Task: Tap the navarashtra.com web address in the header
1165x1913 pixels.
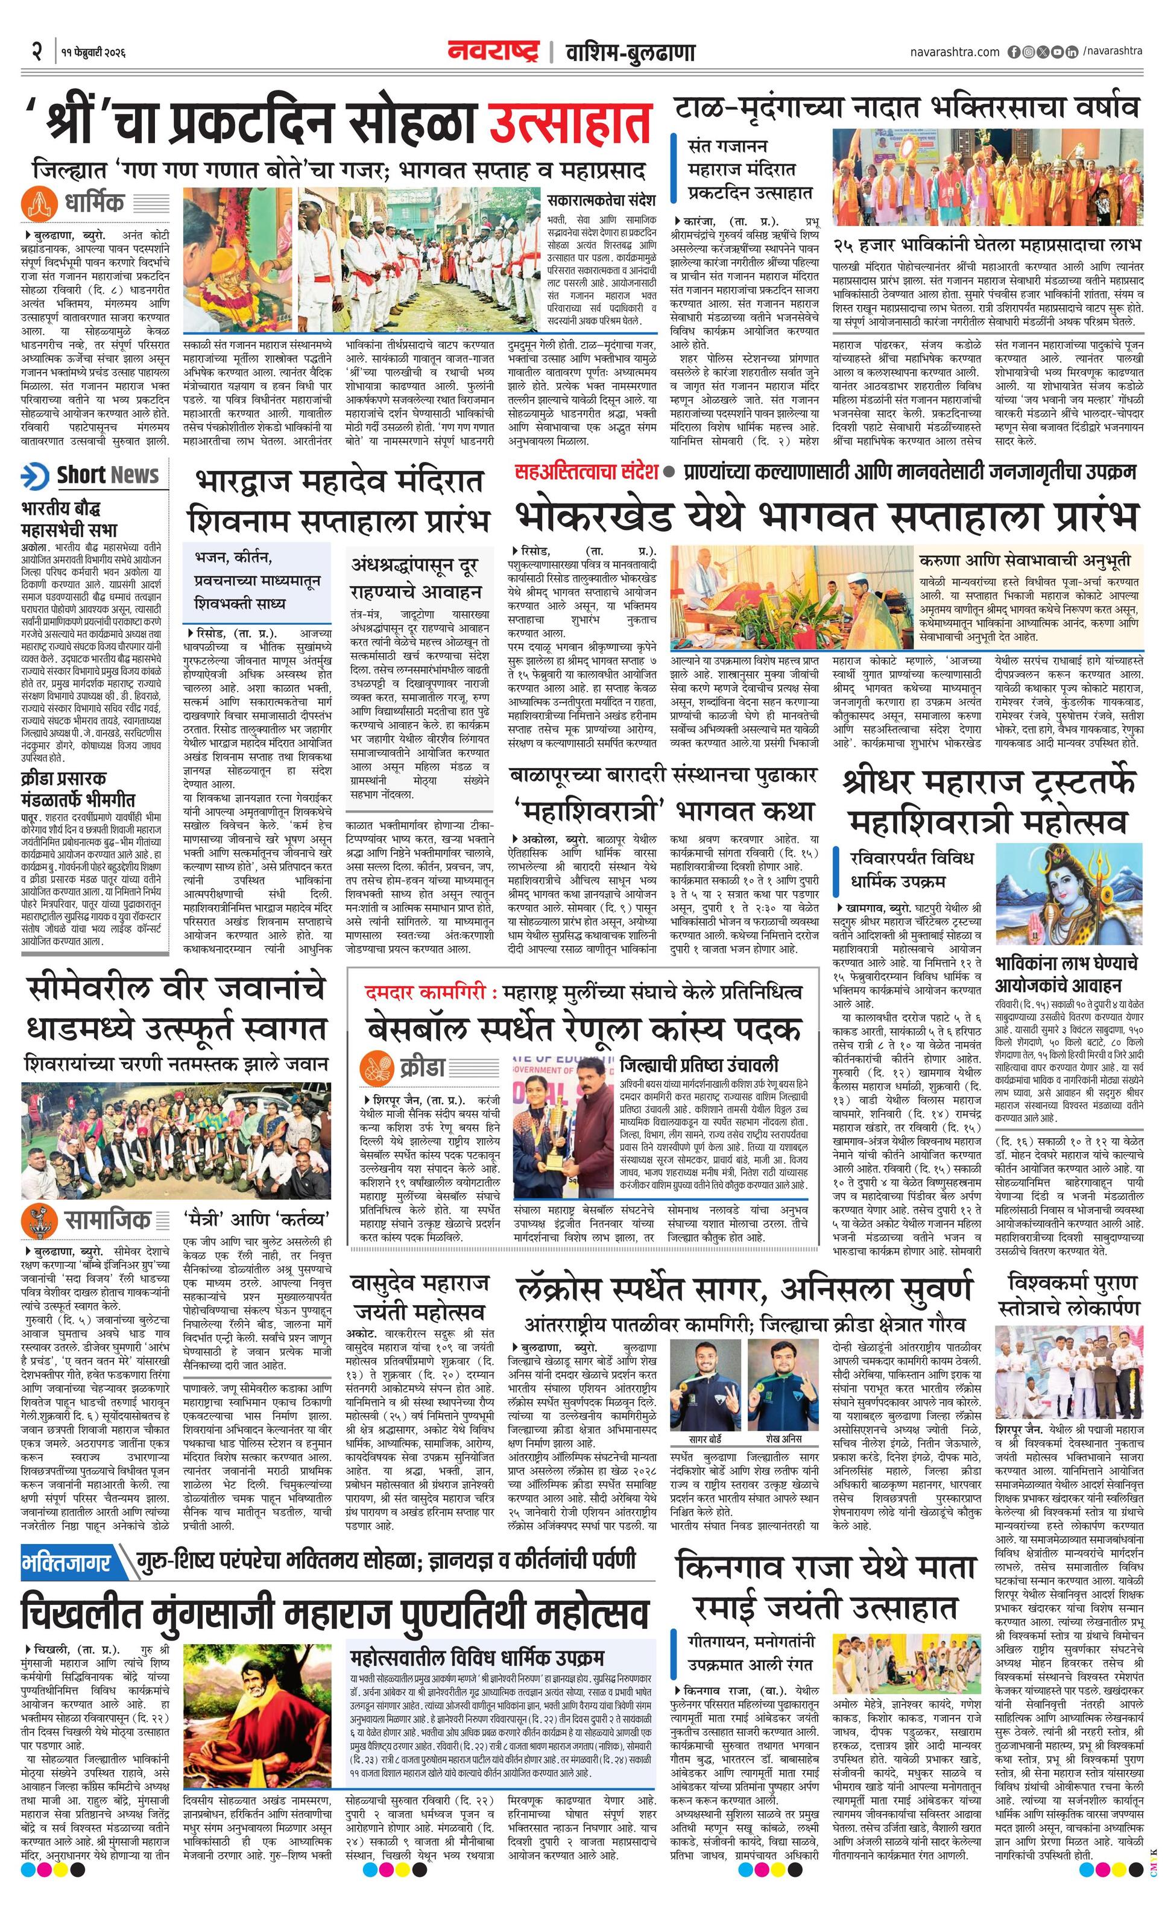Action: pyautogui.click(x=955, y=52)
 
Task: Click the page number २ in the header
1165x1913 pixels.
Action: pyautogui.click(x=36, y=53)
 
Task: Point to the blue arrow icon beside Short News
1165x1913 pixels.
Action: pyautogui.click(x=36, y=474)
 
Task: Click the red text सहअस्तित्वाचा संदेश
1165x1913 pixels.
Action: pyautogui.click(x=586, y=470)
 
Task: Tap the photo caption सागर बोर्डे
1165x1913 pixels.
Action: pyautogui.click(x=706, y=1439)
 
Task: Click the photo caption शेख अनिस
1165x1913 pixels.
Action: pyautogui.click(x=784, y=1439)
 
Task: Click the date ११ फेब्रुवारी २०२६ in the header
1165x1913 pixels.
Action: pyautogui.click(x=92, y=54)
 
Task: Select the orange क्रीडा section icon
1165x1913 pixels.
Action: pyautogui.click(x=377, y=1069)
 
